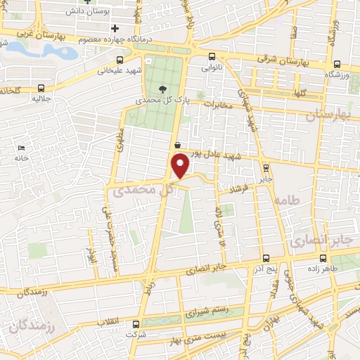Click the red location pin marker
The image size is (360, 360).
[181, 165]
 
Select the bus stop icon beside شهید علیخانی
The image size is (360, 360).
[121, 60]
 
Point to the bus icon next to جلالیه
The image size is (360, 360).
[41, 89]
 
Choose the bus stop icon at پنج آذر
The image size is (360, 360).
[266, 258]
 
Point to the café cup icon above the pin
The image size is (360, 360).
[177, 145]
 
